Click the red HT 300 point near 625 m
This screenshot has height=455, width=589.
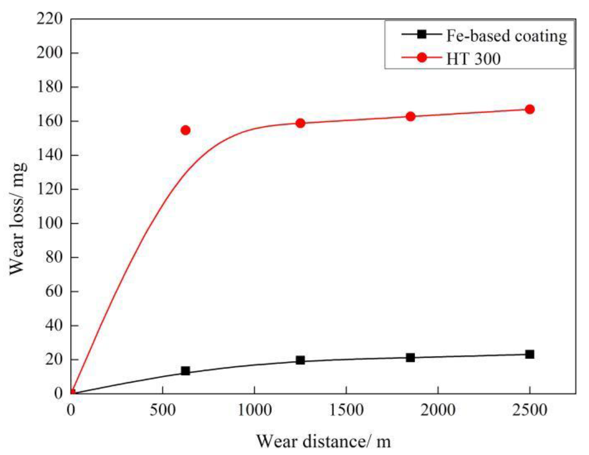[x=185, y=130]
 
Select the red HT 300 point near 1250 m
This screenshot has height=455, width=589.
[x=300, y=123]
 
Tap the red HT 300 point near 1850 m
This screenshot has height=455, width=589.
[x=410, y=116]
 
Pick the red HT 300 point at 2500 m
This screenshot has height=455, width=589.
[x=530, y=109]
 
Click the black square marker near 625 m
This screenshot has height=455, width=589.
[x=185, y=371]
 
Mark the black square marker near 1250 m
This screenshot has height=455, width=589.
[x=300, y=360]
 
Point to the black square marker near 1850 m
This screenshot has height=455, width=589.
[x=410, y=358]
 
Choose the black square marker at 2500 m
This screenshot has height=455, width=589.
[x=530, y=354]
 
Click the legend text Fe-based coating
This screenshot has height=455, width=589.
[x=506, y=36]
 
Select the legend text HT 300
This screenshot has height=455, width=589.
[x=473, y=59]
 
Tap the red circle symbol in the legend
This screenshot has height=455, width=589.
[x=422, y=57]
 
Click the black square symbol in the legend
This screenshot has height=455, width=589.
[x=422, y=34]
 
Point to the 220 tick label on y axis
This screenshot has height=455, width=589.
[x=49, y=19]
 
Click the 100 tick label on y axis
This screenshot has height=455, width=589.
[x=49, y=223]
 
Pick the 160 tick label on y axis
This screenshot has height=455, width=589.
[x=49, y=121]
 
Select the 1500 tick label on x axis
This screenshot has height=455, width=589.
[x=346, y=410]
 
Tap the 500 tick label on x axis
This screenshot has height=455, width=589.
[x=163, y=410]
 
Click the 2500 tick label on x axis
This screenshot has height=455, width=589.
[x=530, y=410]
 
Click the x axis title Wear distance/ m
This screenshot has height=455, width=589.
[x=323, y=441]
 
